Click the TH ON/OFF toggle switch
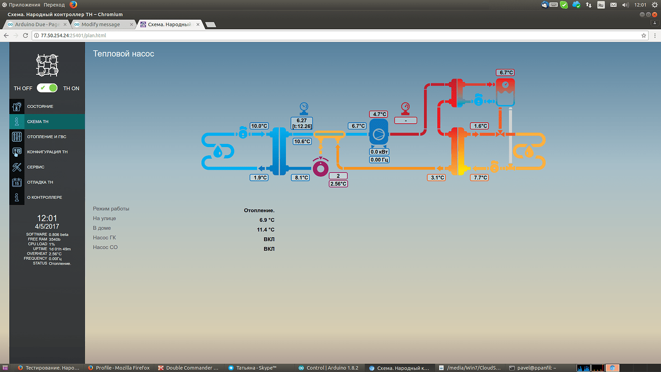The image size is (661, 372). pyautogui.click(x=47, y=88)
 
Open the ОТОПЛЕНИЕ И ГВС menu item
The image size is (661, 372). pyautogui.click(x=46, y=137)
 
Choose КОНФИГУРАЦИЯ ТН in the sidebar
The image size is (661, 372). pyautogui.click(x=47, y=152)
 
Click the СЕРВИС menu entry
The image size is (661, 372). pyautogui.click(x=35, y=167)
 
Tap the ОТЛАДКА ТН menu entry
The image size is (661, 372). pyautogui.click(x=40, y=182)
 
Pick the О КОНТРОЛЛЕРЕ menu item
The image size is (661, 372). pyautogui.click(x=44, y=198)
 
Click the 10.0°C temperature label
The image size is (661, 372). pyautogui.click(x=259, y=126)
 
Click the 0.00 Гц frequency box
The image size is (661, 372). pyautogui.click(x=379, y=160)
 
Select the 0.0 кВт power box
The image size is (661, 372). pyautogui.click(x=379, y=152)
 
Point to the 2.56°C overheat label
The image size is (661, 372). pyautogui.click(x=338, y=184)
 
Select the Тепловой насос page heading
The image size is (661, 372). pyautogui.click(x=124, y=54)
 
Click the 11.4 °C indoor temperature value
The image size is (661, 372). pyautogui.click(x=265, y=230)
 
